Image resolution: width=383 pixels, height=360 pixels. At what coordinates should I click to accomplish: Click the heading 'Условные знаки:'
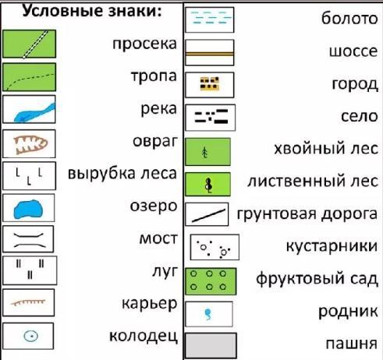click(92, 11)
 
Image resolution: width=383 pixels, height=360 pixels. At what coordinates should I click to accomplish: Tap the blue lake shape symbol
click(28, 209)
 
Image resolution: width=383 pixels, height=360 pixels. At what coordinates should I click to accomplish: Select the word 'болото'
click(349, 19)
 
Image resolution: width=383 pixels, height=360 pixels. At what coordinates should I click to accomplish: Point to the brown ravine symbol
click(30, 144)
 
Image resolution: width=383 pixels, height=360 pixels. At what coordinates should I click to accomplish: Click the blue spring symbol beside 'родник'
click(208, 314)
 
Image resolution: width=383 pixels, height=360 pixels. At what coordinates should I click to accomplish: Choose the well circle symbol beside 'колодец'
click(31, 336)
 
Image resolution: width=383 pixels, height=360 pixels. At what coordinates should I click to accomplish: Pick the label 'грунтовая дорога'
click(307, 214)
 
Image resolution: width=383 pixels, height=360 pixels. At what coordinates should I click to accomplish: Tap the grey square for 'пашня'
click(211, 346)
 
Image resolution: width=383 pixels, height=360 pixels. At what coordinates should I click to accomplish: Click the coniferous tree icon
click(205, 153)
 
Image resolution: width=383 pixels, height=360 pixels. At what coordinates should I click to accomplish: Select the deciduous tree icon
click(208, 185)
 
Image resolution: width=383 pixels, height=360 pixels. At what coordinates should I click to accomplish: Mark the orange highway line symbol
click(210, 54)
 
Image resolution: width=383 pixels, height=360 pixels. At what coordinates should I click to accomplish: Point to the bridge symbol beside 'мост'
click(28, 239)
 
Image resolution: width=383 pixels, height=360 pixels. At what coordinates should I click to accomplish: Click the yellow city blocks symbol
click(209, 83)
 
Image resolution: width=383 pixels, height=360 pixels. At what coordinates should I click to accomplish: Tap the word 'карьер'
click(150, 304)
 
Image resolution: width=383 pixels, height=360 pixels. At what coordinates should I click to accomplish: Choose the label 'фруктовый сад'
click(317, 279)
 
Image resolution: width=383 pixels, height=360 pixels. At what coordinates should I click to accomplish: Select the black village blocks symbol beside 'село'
click(211, 116)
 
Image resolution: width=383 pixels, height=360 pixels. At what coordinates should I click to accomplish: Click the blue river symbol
click(34, 113)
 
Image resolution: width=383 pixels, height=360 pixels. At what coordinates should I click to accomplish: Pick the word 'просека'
click(144, 44)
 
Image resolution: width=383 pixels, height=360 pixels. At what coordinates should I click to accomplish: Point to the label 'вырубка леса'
click(122, 174)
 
